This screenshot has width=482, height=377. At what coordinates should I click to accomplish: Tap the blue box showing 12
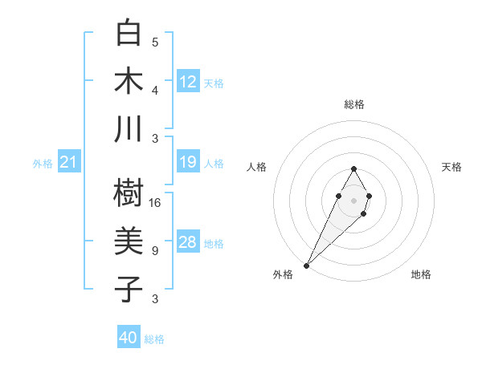(188, 82)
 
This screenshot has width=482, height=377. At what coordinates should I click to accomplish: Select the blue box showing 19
(188, 163)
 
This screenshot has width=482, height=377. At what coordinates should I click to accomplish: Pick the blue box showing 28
(188, 242)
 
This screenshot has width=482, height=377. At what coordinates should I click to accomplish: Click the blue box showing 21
(69, 163)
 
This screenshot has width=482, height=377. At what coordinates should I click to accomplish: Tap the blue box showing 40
(129, 338)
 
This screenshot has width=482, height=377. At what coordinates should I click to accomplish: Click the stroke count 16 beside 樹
(155, 202)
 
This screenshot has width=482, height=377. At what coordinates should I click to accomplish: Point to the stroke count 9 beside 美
(155, 250)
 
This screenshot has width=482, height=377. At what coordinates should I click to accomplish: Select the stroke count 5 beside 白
(155, 42)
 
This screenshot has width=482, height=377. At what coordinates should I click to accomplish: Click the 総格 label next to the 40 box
(155, 339)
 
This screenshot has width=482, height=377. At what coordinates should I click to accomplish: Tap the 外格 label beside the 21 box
(43, 164)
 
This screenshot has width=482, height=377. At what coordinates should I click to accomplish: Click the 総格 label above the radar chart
(353, 104)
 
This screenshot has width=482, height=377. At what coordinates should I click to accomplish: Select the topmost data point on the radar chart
(353, 168)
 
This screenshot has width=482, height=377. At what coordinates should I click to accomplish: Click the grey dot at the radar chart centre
(353, 200)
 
